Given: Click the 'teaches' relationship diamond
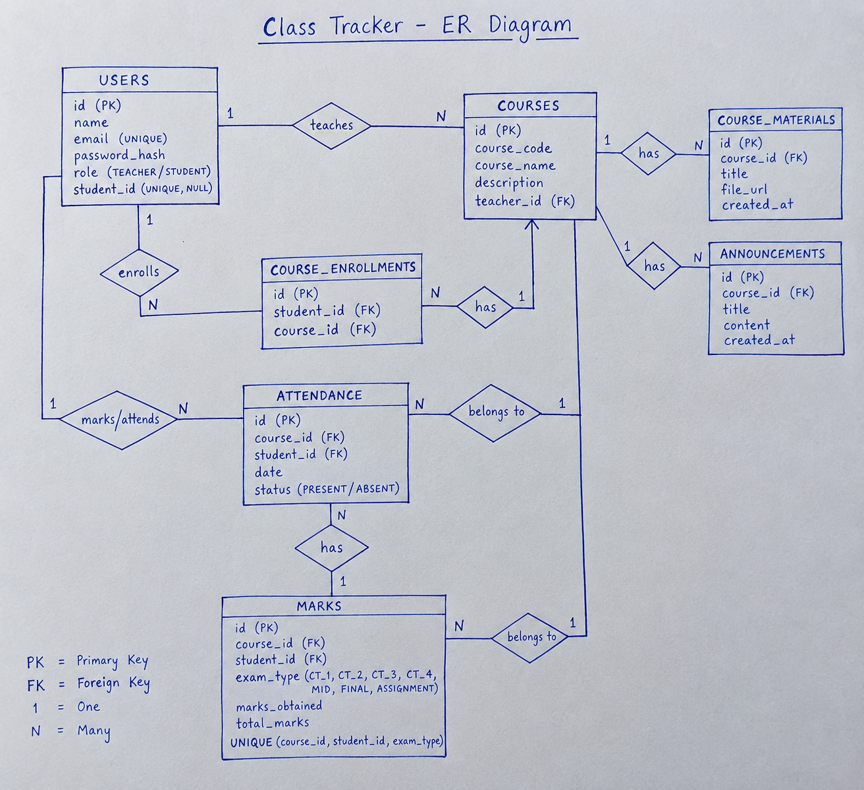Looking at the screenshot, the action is [x=331, y=126].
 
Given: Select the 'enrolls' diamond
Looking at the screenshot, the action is [x=139, y=272].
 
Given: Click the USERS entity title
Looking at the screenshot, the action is [x=124, y=80].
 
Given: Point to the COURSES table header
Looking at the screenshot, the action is [x=529, y=105].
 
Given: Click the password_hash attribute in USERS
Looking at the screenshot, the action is [x=119, y=155].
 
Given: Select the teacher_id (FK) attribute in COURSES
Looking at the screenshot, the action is [x=525, y=201].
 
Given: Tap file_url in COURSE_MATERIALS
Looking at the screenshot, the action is [x=744, y=190].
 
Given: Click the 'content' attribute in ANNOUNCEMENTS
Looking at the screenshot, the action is [x=746, y=325].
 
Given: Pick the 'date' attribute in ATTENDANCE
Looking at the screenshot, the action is [x=268, y=472].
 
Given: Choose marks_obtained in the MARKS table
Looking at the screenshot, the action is [x=279, y=706].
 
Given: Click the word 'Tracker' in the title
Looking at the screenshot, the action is [x=367, y=26].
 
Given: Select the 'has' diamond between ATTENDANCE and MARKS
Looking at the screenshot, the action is [x=332, y=548].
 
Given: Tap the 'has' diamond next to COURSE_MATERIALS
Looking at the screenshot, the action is [x=648, y=154].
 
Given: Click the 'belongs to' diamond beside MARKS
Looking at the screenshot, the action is [x=529, y=638].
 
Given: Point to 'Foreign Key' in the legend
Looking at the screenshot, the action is [x=113, y=684].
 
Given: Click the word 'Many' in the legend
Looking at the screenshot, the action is [x=94, y=731].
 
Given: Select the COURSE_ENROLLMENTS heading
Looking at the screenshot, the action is [x=343, y=269].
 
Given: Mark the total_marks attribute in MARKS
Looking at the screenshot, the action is [x=272, y=723].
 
